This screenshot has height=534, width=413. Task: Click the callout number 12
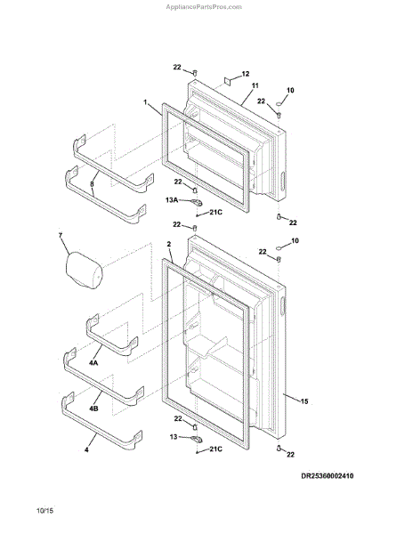(245, 74)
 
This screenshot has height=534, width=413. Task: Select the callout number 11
(255, 85)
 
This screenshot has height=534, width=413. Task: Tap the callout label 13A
(172, 200)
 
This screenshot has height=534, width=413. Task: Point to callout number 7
(61, 235)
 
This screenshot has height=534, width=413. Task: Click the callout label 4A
(93, 363)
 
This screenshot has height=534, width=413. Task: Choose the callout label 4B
(93, 408)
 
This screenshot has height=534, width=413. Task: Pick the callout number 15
(304, 401)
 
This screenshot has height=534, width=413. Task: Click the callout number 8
(92, 184)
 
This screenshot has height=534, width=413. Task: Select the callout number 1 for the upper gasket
(145, 102)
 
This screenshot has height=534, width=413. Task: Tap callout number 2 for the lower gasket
(169, 244)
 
